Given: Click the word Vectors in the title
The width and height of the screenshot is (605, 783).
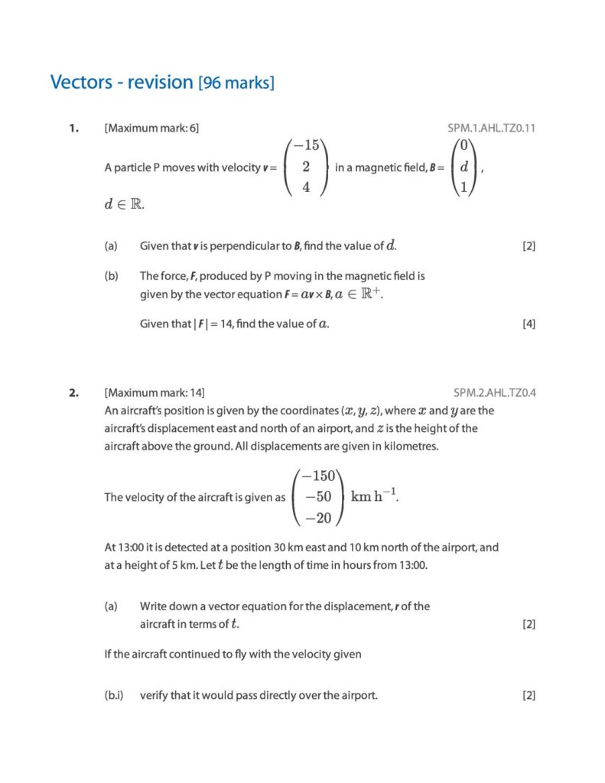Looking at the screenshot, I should [x=82, y=82].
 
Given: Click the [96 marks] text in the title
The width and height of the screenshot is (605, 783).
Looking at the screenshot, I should [x=236, y=83].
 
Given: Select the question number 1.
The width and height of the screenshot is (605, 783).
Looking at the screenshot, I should [x=73, y=128].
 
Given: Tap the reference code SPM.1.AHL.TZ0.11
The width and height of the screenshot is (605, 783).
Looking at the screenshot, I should [x=491, y=128].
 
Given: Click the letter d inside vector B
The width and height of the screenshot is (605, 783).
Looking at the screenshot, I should [x=464, y=167].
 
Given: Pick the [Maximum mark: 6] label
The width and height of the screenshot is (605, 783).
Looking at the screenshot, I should [x=151, y=128].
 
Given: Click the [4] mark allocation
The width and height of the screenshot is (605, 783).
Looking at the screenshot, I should [x=529, y=323].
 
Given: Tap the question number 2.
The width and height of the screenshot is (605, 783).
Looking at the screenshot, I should [x=73, y=393].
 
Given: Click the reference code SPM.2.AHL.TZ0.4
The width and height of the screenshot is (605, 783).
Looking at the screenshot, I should [x=494, y=393].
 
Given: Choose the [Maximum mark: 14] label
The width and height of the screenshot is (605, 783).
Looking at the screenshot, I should [x=155, y=393].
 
